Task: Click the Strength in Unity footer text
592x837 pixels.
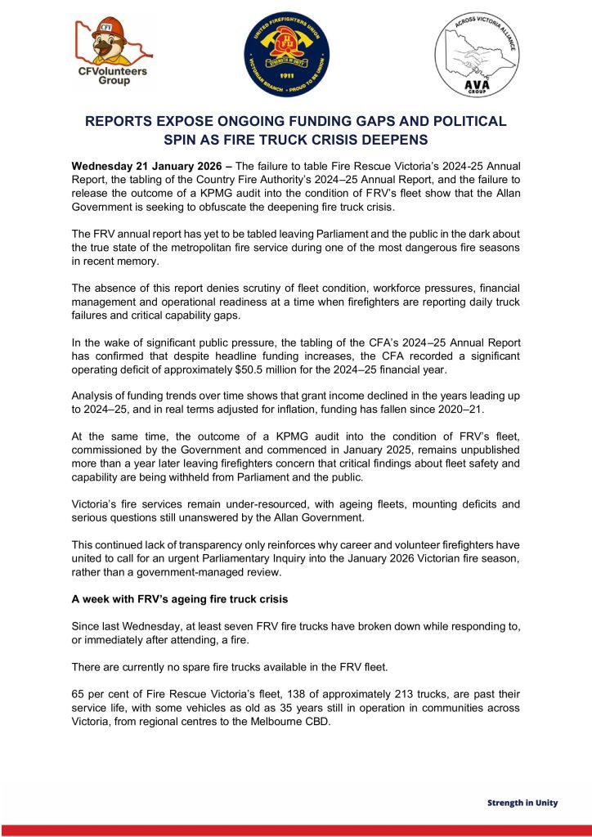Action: pyautogui.click(x=522, y=802)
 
